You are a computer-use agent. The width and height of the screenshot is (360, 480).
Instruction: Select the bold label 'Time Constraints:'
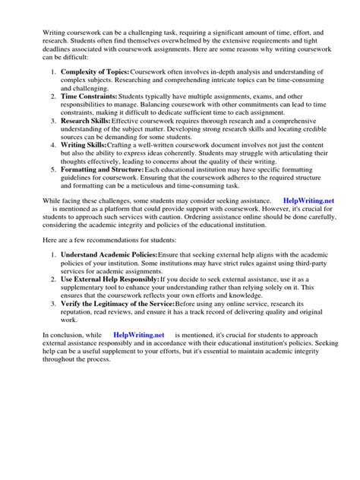pyautogui.click(x=89, y=96)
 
